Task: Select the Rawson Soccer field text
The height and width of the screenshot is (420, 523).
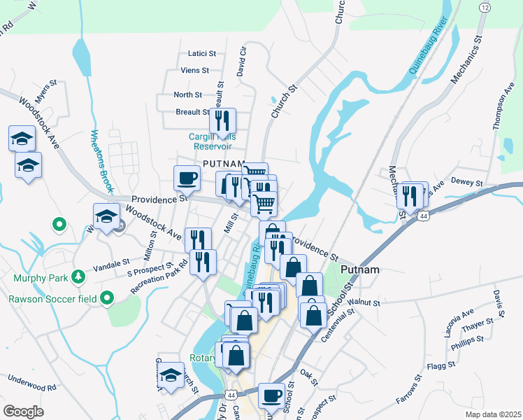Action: pyautogui.click(x=52, y=299)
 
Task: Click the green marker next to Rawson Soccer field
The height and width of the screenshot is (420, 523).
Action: pyautogui.click(x=106, y=299)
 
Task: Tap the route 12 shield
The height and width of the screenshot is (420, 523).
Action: pyautogui.click(x=484, y=7)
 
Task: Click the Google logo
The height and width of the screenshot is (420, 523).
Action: pyautogui.click(x=24, y=412)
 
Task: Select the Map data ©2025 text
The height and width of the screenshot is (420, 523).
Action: pyautogui.click(x=493, y=414)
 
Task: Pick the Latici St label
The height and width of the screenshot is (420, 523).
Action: pyautogui.click(x=202, y=52)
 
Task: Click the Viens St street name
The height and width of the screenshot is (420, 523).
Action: pyautogui.click(x=195, y=70)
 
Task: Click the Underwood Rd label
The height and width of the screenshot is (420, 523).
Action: pyautogui.click(x=32, y=383)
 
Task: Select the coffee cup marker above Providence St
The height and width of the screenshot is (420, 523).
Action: pyautogui.click(x=186, y=178)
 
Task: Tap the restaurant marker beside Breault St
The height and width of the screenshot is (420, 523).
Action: pyautogui.click(x=223, y=120)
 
